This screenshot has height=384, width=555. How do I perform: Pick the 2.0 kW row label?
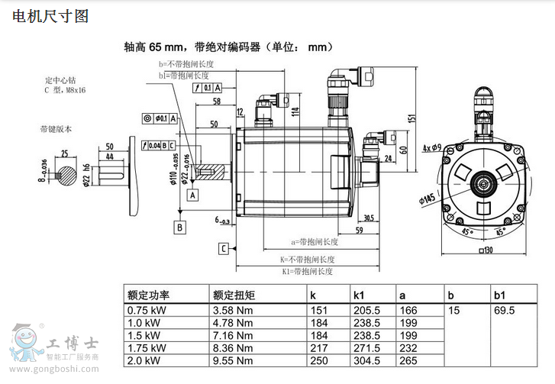pyautogui.click(x=144, y=361)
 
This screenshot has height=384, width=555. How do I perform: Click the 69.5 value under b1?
pyautogui.click(x=505, y=311)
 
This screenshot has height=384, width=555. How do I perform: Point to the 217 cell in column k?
pyautogui.click(x=318, y=348)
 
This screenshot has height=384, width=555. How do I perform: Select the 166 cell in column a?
pyautogui.click(x=408, y=311)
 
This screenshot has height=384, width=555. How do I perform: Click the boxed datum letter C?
pyautogui.click(x=224, y=248)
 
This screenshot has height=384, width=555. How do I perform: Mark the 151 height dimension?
pyautogui.click(x=413, y=118)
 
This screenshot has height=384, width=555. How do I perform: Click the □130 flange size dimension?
pyautogui.click(x=485, y=250)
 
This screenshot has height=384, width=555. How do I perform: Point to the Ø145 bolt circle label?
pyautogui.click(x=428, y=198)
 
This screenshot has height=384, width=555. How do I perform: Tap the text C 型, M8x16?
pyautogui.click(x=64, y=90)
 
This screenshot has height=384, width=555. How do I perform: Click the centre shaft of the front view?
pyautogui.click(x=484, y=183)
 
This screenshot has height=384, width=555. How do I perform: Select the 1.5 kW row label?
pyautogui.click(x=144, y=336)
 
